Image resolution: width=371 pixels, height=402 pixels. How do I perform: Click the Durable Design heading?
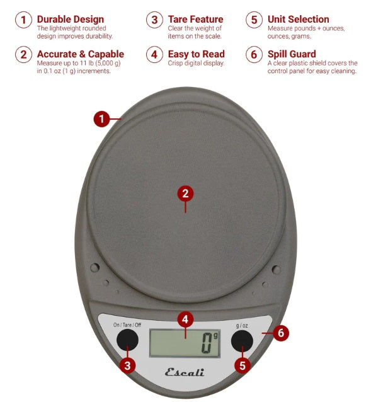coord(67,20)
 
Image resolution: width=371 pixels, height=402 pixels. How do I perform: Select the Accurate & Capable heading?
coord(81,54)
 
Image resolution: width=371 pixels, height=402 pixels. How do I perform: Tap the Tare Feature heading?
coord(196,20)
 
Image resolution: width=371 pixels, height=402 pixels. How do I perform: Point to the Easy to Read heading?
coord(196,54)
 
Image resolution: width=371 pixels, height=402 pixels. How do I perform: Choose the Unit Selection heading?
coord(298,20)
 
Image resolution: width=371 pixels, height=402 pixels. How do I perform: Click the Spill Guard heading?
coord(292,54)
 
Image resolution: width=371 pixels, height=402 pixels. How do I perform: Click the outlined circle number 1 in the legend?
coord(23,20)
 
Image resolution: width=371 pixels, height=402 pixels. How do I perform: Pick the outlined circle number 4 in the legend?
coord(154,55)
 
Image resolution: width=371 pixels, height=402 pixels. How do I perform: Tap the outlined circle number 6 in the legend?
coord(254,55)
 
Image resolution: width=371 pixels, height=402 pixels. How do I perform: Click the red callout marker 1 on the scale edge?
coord(102,118)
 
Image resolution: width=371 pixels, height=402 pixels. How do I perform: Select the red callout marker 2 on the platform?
coord(185,193)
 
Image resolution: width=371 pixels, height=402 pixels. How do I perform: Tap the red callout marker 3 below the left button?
coord(128,365)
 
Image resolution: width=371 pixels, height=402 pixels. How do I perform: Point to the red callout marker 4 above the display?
coord(185,319)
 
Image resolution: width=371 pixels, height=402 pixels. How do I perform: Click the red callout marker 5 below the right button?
coord(242,364)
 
